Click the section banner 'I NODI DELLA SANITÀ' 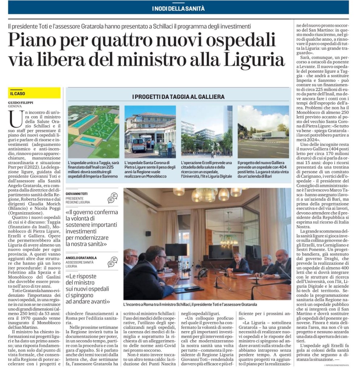[x=178, y=8]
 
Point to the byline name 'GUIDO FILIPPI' [x=21, y=103]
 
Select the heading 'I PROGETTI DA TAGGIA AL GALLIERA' [x=178, y=97]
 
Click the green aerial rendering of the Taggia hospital [x=93, y=132]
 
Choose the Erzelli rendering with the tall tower [x=207, y=132]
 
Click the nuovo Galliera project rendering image [x=263, y=132]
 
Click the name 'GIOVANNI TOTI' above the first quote [x=77, y=194]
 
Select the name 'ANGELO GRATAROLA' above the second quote [x=81, y=258]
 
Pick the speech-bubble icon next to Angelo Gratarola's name [x=113, y=262]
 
